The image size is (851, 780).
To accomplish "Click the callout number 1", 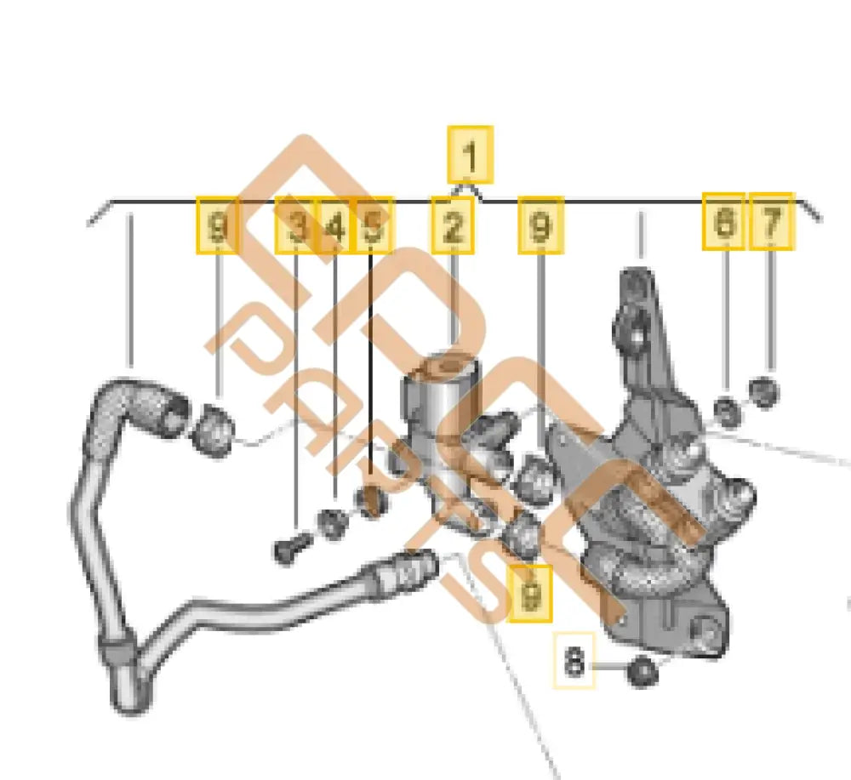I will pyautogui.click(x=470, y=155).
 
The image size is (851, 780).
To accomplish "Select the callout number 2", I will pyautogui.click(x=453, y=225).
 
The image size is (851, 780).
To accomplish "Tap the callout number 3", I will pyautogui.click(x=296, y=225).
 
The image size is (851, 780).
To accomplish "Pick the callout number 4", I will pyautogui.click(x=335, y=225).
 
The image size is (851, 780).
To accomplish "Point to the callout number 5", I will pyautogui.click(x=372, y=225).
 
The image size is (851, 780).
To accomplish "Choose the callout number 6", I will pyautogui.click(x=723, y=222).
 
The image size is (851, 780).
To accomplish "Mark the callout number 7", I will pyautogui.click(x=771, y=222).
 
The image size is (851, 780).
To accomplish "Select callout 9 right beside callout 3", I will pyautogui.click(x=218, y=225).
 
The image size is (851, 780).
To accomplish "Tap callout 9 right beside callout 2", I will pyautogui.click(x=540, y=225).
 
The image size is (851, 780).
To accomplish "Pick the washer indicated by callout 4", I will pyautogui.click(x=332, y=524).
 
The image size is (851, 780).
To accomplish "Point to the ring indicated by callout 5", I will pyautogui.click(x=370, y=503).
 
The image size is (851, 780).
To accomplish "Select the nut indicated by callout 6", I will pyautogui.click(x=726, y=411).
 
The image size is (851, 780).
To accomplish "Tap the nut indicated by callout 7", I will pyautogui.click(x=764, y=391).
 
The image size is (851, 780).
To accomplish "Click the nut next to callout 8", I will pyautogui.click(x=643, y=673).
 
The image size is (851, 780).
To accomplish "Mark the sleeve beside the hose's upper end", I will pyautogui.click(x=214, y=430).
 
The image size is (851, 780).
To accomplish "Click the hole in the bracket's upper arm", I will pyautogui.click(x=635, y=334).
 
